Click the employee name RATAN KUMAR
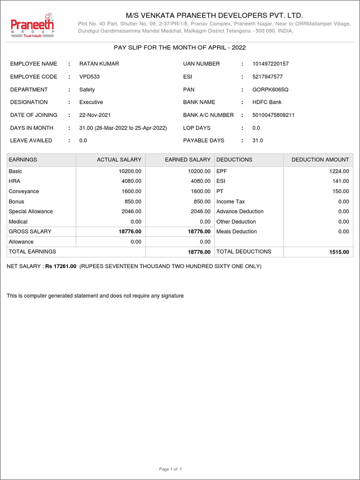pos(99,64)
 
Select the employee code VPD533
pos(90,76)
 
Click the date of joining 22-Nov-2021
pos(95,115)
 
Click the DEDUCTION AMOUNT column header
pos(320,160)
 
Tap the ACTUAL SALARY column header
pos(119,160)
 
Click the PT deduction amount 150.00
pos(341,191)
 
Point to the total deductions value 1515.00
pos(339,252)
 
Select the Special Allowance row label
pos(31,211)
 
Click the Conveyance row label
pos(24,191)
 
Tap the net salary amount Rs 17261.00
pos(60,266)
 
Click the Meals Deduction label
pos(237,232)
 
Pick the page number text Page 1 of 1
pos(171,469)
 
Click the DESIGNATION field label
pos(29,102)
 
